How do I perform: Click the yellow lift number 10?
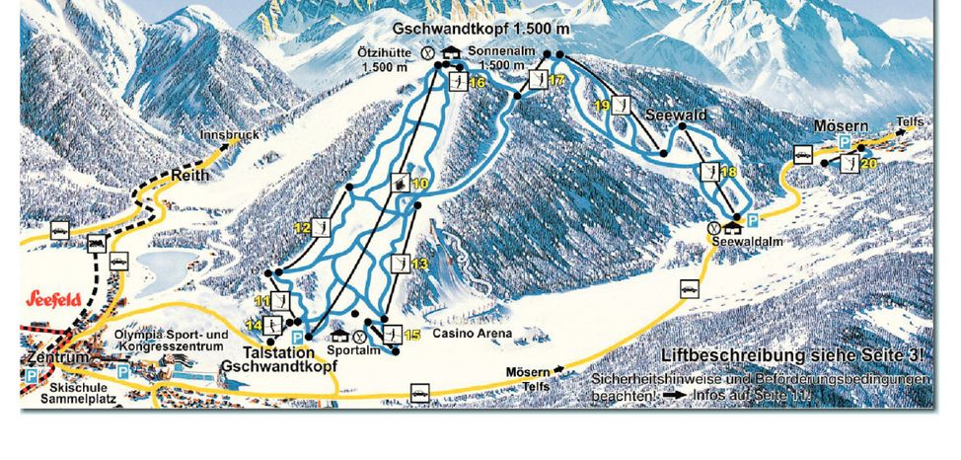420,184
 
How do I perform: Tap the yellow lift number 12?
302,228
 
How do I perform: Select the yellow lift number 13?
420,264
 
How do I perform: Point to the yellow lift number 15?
412,336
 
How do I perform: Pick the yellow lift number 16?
478,83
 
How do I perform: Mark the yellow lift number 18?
729,173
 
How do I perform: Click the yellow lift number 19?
601,105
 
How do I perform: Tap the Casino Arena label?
471,334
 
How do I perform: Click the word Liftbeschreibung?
708,356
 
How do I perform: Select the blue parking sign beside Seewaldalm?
753,220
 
